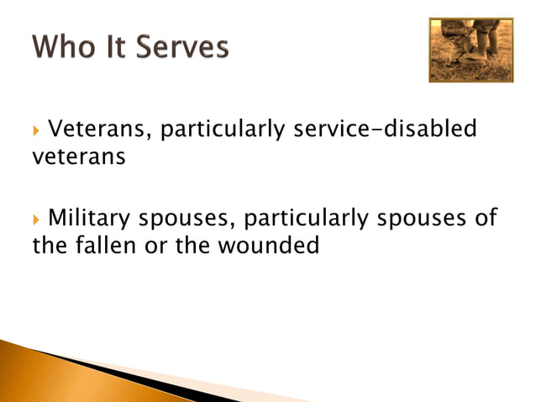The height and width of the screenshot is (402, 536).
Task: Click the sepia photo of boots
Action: pos(470,50)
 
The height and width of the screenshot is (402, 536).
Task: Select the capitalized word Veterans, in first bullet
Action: pos(100,130)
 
